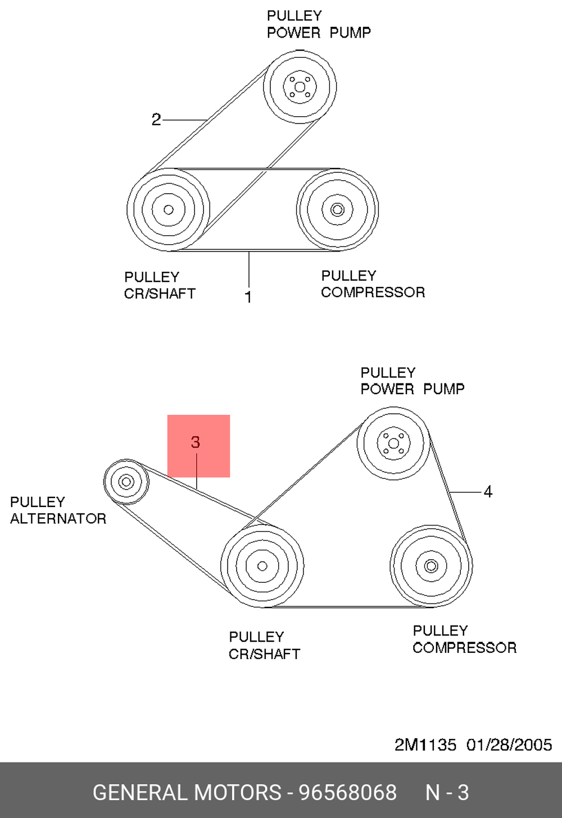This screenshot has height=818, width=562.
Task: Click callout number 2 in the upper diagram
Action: (x=156, y=120)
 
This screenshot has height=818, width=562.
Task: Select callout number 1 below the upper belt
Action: (x=248, y=297)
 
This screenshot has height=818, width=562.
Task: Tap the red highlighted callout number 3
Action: (x=196, y=442)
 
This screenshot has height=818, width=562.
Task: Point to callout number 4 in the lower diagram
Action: (x=488, y=492)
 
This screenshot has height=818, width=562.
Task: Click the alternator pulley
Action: (x=126, y=482)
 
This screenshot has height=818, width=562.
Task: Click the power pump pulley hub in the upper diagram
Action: (x=300, y=87)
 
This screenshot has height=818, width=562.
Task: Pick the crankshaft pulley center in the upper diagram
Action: (x=168, y=209)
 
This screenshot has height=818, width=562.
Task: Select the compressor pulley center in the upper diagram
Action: (x=337, y=209)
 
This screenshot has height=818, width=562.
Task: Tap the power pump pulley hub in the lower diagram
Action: (x=393, y=444)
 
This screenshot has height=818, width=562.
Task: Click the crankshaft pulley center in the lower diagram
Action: (x=262, y=566)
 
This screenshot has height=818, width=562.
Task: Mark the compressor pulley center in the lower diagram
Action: (x=430, y=566)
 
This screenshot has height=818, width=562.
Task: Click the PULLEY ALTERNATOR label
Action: (x=58, y=510)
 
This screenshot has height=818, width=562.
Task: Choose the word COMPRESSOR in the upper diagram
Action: (x=373, y=292)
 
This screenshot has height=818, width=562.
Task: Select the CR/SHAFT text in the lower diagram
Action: (x=264, y=654)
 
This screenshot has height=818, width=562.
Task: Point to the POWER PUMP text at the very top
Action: (x=319, y=33)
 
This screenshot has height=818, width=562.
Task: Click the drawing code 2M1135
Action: (x=425, y=745)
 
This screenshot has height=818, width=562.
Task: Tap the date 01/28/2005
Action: (x=509, y=745)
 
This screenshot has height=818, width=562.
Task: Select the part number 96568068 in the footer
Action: (x=348, y=792)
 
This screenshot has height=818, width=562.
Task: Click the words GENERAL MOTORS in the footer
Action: (x=187, y=792)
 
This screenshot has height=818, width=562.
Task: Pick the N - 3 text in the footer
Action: (x=447, y=792)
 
